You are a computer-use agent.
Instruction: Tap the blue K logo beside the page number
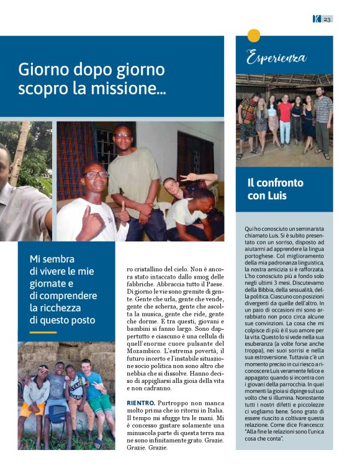click(x=317, y=19)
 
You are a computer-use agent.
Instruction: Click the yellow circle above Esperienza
click(x=253, y=35)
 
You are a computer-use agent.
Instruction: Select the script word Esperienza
click(x=276, y=59)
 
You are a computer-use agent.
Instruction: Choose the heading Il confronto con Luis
click(x=276, y=189)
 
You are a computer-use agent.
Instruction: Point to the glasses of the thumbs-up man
click(x=97, y=175)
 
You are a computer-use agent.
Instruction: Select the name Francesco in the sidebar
click(x=307, y=423)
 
